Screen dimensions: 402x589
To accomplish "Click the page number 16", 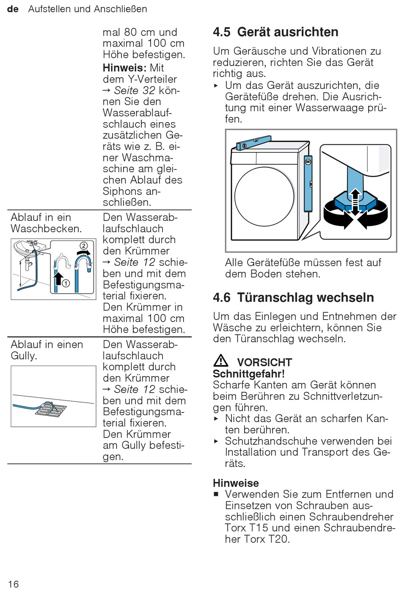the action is click(x=13, y=584).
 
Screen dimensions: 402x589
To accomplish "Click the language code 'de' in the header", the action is click(x=13, y=9).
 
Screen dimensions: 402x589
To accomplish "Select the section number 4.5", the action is click(x=222, y=32).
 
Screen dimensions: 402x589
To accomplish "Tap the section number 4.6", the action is click(x=222, y=297).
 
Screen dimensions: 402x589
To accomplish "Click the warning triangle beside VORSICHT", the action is click(x=221, y=361).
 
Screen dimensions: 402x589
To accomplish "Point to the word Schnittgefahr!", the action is click(x=248, y=374).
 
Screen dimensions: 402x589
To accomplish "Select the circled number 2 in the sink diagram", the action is click(x=83, y=246).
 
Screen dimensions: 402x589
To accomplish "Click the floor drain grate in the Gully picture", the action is click(x=50, y=409).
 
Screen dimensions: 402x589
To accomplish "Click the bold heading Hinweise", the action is click(x=236, y=483).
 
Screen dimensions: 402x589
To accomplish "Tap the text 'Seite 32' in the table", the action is click(x=134, y=91).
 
